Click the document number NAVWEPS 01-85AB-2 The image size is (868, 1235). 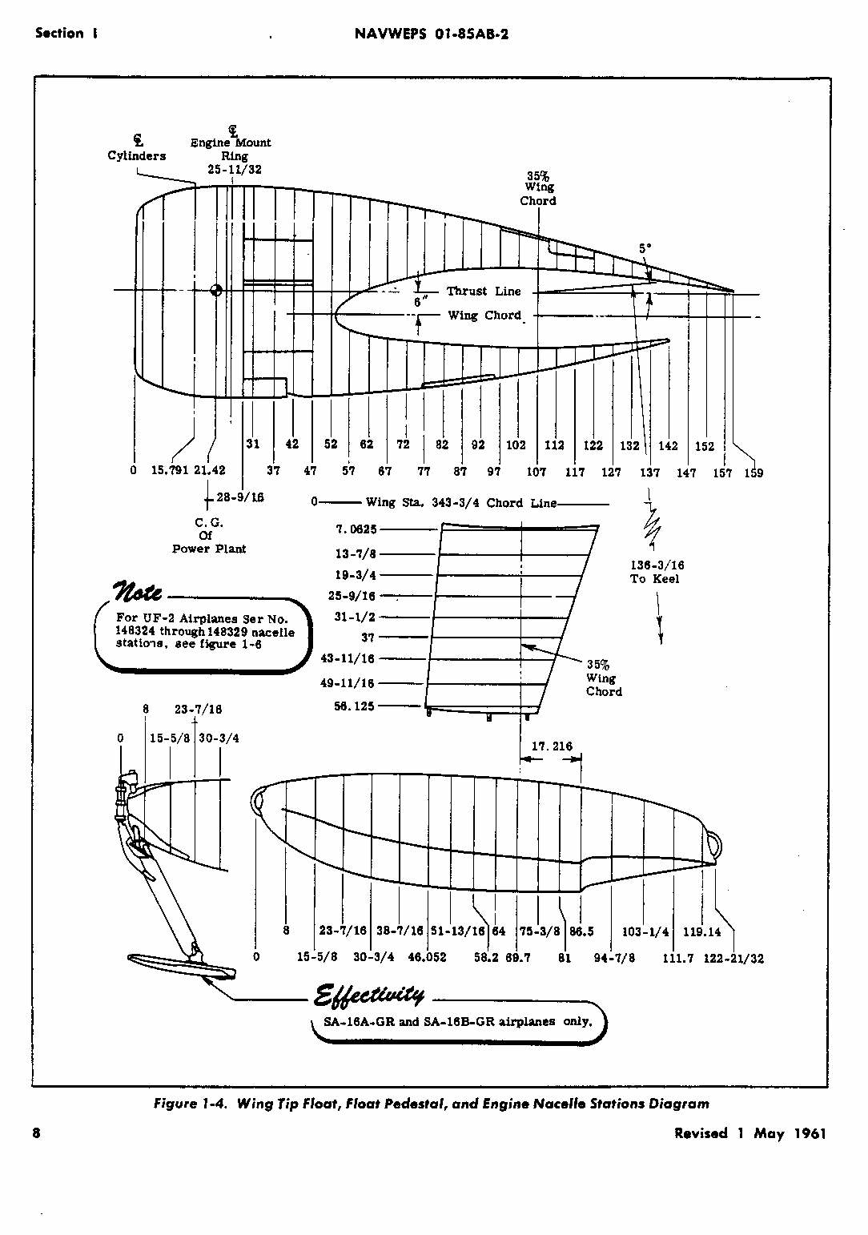click(431, 34)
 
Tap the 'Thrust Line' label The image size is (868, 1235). click(484, 292)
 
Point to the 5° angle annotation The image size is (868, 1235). click(645, 248)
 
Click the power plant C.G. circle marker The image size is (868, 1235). click(215, 290)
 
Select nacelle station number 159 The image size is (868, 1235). click(753, 473)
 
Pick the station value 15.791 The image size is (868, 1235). click(170, 470)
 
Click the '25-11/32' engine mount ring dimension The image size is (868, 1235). click(234, 170)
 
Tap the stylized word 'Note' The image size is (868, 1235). click(139, 591)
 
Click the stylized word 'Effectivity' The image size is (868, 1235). click(370, 995)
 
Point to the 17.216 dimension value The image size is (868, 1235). click(553, 746)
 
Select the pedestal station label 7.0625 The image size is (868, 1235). click(356, 529)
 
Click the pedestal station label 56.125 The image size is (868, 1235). click(354, 706)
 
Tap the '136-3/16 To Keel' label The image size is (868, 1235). click(657, 572)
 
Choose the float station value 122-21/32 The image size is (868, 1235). click(733, 958)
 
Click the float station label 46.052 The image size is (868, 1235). click(427, 957)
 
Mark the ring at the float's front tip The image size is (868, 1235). click(258, 800)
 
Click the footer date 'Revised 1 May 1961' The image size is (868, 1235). click(749, 1133)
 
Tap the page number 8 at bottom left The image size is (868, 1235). click(37, 1133)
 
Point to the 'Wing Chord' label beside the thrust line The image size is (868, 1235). click(484, 316)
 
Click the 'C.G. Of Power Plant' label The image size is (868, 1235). click(209, 536)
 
